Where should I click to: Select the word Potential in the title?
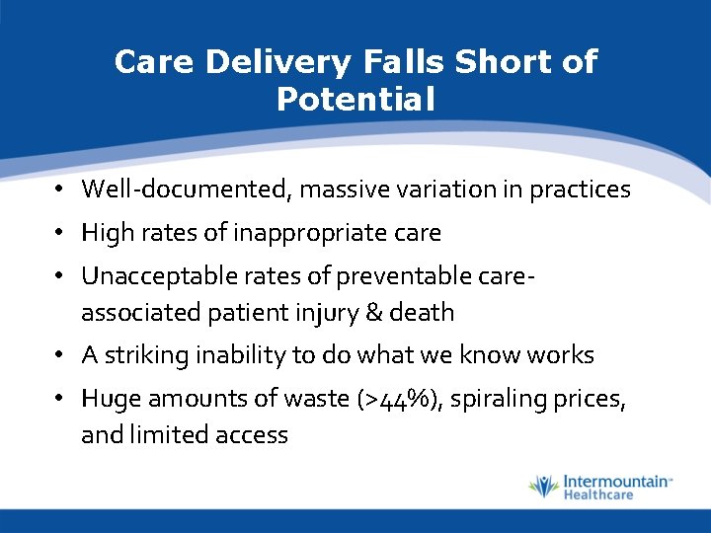355,99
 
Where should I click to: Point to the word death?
422,313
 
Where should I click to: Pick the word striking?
140,355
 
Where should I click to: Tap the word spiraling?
510,399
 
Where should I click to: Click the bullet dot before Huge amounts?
60,399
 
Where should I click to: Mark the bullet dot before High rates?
60,233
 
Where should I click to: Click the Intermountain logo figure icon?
543,487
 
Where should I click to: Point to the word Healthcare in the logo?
597,495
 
